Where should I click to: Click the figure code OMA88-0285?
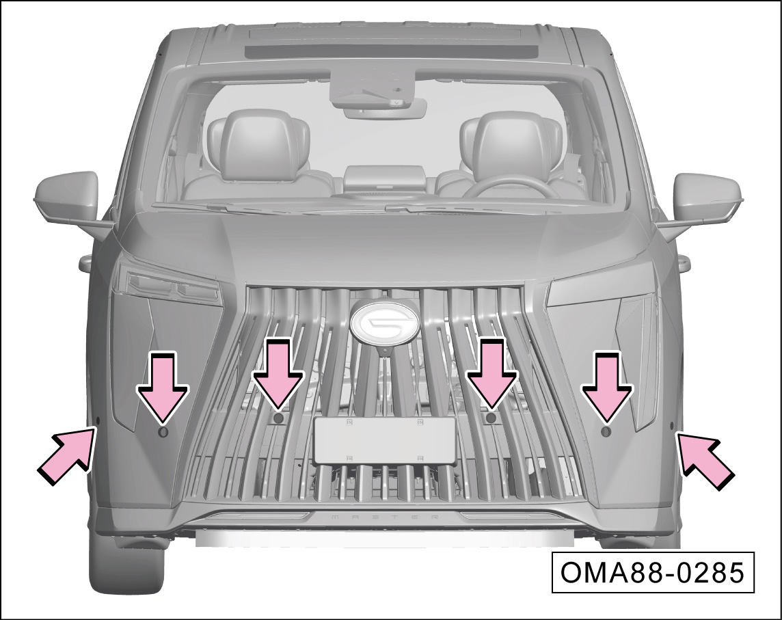pyautogui.click(x=652, y=572)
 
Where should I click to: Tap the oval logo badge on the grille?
pyautogui.click(x=386, y=324)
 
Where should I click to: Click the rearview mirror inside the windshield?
pyautogui.click(x=385, y=108)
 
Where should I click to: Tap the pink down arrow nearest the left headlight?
pyautogui.click(x=163, y=388)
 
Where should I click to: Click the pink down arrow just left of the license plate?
pyautogui.click(x=278, y=375)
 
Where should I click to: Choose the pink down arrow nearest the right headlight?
pyautogui.click(x=607, y=388)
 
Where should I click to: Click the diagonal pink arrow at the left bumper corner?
pyautogui.click(x=66, y=454)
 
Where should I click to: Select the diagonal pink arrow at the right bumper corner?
pyautogui.click(x=705, y=460)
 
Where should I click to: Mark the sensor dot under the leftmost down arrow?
pyautogui.click(x=163, y=432)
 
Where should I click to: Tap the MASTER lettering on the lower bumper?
pyautogui.click(x=386, y=517)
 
